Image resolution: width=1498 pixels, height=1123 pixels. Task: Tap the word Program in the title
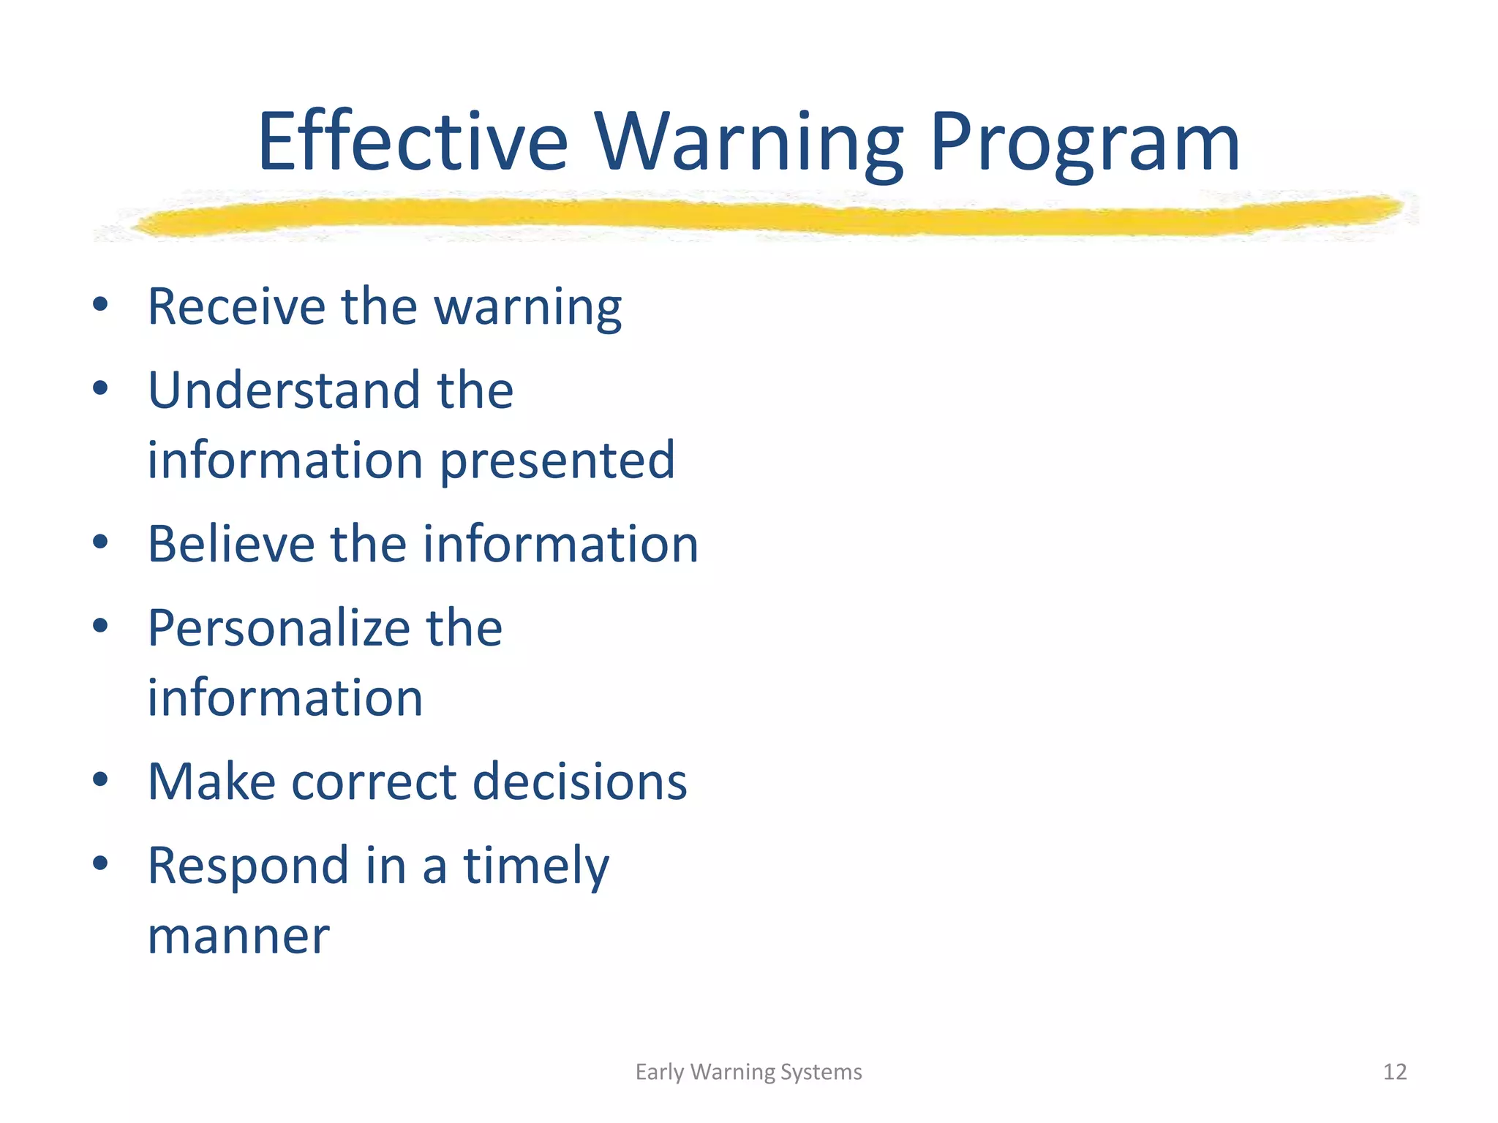tap(1084, 142)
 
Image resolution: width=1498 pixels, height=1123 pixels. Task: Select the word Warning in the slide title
tap(749, 142)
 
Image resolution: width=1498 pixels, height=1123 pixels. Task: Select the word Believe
tap(230, 545)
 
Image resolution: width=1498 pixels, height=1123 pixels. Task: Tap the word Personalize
tap(278, 629)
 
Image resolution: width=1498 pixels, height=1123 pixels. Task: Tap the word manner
tap(238, 937)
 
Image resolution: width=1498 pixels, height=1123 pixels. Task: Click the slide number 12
tap(1395, 1072)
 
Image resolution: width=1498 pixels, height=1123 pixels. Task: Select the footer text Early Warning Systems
tap(748, 1072)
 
